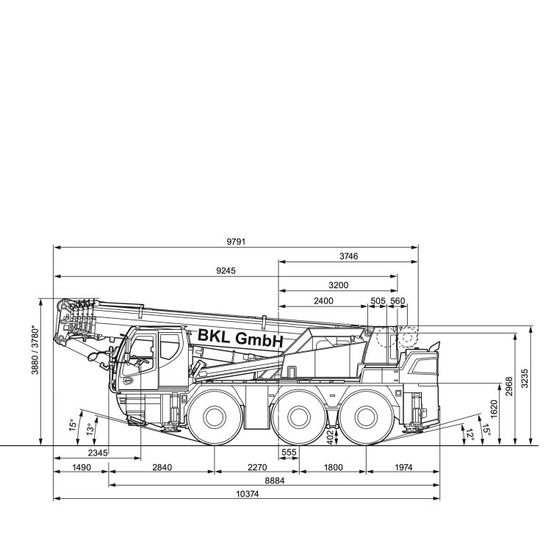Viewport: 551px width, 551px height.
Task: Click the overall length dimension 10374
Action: [247, 494]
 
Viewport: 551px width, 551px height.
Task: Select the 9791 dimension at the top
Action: [236, 242]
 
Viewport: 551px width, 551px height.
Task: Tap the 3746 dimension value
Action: [348, 256]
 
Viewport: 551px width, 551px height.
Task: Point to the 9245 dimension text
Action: [226, 271]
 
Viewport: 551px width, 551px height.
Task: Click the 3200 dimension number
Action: [338, 285]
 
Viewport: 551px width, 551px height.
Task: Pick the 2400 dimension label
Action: [323, 300]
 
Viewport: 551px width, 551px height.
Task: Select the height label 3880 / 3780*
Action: [35, 350]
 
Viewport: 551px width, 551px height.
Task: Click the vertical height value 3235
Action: [524, 378]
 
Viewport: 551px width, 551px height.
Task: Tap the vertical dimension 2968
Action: [509, 386]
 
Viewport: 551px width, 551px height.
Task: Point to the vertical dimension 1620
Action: [494, 409]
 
